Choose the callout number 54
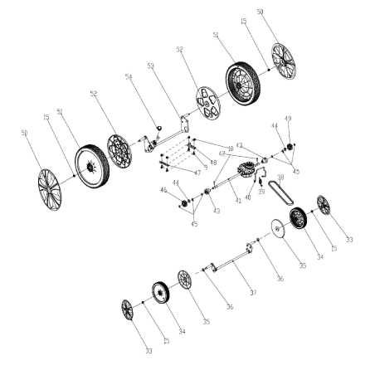pyautogui.click(x=129, y=77)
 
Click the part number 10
pyautogui.click(x=230, y=149)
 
